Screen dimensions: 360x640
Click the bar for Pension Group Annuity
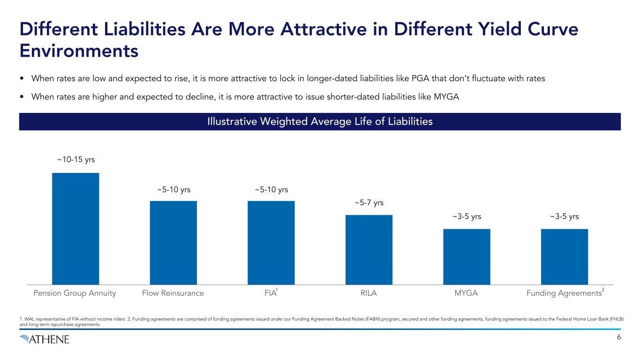75,228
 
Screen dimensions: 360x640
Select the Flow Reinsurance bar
173,242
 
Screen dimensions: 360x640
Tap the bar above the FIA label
271,242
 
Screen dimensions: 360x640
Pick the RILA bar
369,249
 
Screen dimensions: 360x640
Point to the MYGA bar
467,256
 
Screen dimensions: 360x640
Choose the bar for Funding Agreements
564,256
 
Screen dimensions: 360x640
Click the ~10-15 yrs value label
76,160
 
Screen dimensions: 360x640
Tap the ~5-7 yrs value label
369,202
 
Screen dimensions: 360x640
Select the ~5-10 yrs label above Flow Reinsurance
173,190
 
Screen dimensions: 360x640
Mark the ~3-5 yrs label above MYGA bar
467,217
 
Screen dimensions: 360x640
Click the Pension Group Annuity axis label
75,294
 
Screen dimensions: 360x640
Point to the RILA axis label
369,294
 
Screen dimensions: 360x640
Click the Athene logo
45,339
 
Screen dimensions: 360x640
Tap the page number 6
619,338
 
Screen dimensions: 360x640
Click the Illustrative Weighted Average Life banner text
320,122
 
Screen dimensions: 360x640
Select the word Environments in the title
79,51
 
